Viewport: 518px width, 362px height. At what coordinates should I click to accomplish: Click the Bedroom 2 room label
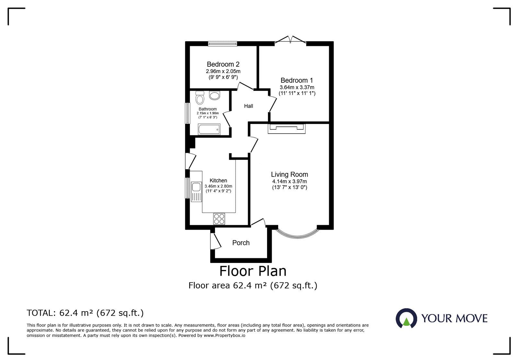coord(223,64)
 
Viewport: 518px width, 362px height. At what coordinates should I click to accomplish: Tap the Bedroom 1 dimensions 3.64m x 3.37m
coord(297,87)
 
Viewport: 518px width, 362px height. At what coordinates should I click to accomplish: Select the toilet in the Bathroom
coord(200,98)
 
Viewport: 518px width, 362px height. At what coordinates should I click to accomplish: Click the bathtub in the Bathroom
coord(209,130)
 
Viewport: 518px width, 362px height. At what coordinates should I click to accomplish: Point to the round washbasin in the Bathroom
coord(214,95)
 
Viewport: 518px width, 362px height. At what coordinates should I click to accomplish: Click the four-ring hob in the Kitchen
coord(219,219)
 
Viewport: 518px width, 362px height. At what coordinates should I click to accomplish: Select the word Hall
coord(249,106)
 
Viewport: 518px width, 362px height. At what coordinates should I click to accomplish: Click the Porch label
coord(241,243)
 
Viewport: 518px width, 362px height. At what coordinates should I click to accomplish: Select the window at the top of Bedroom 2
coord(222,44)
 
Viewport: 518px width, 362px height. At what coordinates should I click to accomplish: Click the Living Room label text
coord(289,175)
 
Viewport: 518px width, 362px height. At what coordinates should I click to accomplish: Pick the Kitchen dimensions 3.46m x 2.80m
coord(218,186)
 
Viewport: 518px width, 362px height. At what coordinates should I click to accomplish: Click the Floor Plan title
coord(253,271)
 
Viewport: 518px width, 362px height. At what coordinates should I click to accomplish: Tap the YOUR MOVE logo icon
coord(406,318)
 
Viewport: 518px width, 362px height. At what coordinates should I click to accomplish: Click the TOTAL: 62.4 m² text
coord(85,313)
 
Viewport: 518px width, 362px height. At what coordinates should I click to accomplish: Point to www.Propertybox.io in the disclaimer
coord(224,335)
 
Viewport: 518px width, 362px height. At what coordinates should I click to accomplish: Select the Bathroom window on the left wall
coord(187,113)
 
